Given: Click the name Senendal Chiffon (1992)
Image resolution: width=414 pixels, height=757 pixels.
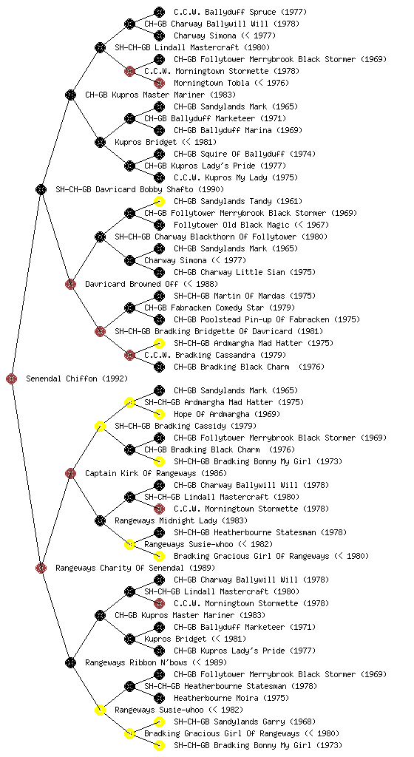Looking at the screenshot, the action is coord(77,378).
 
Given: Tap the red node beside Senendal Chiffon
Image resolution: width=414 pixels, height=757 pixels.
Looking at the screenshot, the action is coord(12,378).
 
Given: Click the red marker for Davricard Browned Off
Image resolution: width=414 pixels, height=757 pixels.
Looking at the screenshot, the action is coord(70,284).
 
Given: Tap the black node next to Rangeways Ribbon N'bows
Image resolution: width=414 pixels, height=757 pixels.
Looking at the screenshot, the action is coord(70,662).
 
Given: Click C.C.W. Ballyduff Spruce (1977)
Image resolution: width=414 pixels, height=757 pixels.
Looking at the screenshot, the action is coord(240,12).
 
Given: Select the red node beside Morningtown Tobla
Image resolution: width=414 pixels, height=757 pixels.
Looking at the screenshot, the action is coord(159,83).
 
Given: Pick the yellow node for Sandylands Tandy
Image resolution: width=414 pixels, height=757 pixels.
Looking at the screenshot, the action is coord(159,201).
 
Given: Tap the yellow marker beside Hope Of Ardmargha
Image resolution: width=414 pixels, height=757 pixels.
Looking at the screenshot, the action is coord(159,414).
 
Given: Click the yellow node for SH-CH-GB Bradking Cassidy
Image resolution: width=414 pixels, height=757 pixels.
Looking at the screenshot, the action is coord(100,426).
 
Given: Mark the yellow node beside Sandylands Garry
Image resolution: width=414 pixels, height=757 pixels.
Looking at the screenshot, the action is coord(159,722).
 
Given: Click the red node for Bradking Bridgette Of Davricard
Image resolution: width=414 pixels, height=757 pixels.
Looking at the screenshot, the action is coord(100,331).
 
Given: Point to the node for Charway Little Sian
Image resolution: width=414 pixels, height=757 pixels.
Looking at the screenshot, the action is coord(159,272).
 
